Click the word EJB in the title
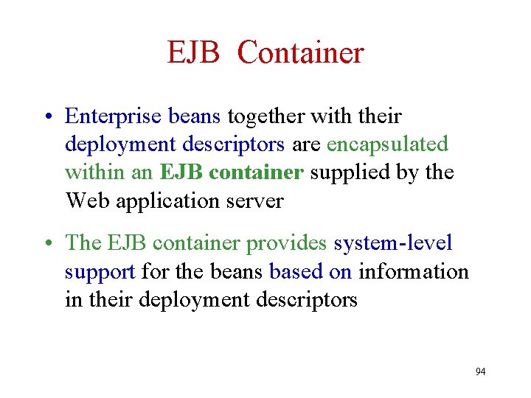(194, 53)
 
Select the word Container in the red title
(301, 53)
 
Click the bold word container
(256, 172)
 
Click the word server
(255, 200)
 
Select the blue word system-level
(393, 243)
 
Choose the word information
(414, 271)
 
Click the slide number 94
(481, 371)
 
